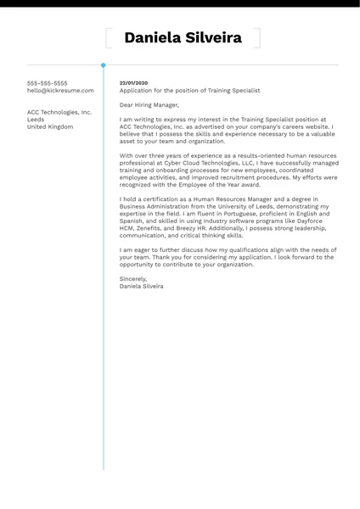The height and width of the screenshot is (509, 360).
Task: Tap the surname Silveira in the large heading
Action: [213, 37]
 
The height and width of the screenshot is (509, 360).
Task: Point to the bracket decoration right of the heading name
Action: [256, 37]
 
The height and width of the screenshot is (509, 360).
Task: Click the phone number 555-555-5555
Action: [47, 83]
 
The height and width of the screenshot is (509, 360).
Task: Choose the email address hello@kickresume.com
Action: [60, 90]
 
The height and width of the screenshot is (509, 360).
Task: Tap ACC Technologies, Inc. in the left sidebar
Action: [59, 112]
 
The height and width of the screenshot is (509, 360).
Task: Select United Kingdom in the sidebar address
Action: [50, 126]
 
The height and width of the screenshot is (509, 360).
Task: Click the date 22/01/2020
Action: [133, 83]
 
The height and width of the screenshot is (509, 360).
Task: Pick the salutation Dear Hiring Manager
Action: [149, 105]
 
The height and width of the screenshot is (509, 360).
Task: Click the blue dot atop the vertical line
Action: [104, 64]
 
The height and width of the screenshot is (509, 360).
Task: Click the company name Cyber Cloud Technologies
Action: [197, 163]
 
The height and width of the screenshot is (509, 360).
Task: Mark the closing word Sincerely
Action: [133, 279]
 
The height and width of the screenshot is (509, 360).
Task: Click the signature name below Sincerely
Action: [142, 287]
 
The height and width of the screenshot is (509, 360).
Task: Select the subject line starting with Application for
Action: [189, 90]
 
